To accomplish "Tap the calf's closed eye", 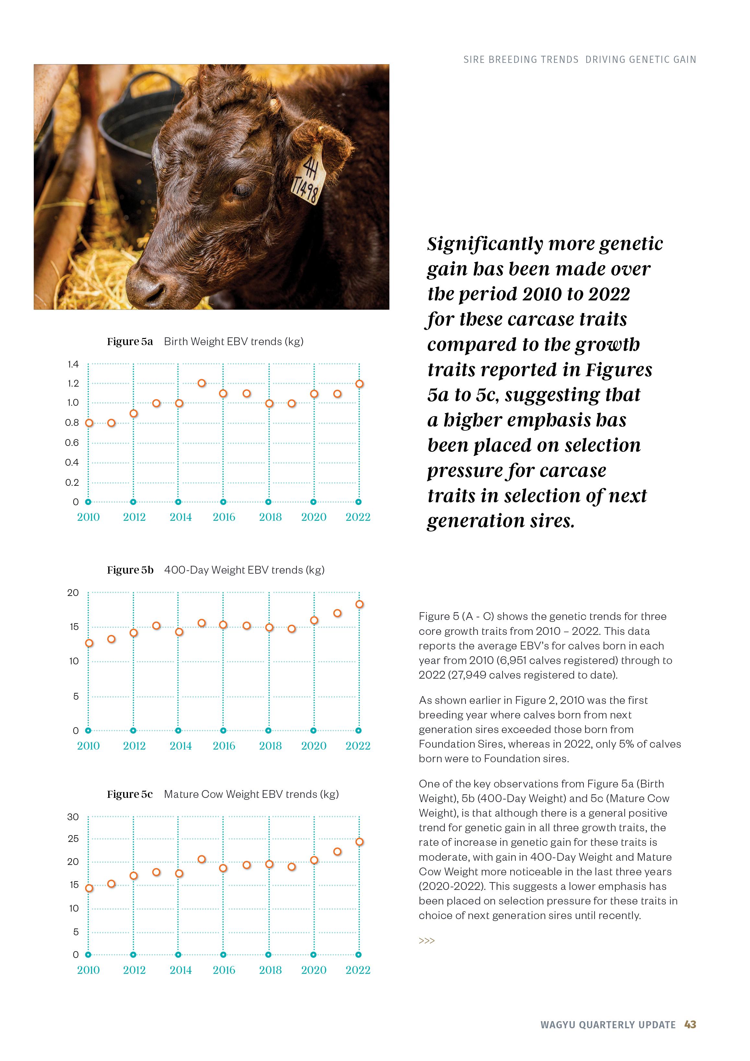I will point(242,190).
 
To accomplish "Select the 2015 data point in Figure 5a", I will point(202,383).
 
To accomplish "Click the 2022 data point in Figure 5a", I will point(360,384).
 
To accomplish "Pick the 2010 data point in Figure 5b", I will point(89,643).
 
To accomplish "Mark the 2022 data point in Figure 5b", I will point(360,604).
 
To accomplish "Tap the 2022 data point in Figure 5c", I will point(360,842).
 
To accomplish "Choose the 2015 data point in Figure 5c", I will point(202,859).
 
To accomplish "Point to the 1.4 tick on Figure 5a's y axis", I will point(73,364).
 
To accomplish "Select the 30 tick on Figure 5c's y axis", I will point(73,817).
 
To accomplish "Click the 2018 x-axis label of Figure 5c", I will point(270,970).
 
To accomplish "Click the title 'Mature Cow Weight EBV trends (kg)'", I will point(251,794).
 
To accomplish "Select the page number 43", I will point(690,1024).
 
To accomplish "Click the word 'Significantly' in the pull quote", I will point(485,244).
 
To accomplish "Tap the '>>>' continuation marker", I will point(427,941).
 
